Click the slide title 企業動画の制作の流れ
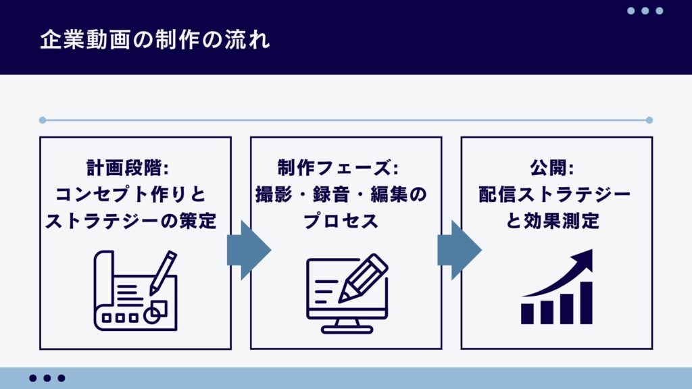pyautogui.click(x=155, y=39)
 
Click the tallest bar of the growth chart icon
pyautogui.click(x=586, y=303)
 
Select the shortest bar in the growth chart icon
pyautogui.click(x=528, y=314)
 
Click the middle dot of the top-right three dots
pyautogui.click(x=645, y=11)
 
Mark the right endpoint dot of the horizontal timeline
pyautogui.click(x=649, y=120)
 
